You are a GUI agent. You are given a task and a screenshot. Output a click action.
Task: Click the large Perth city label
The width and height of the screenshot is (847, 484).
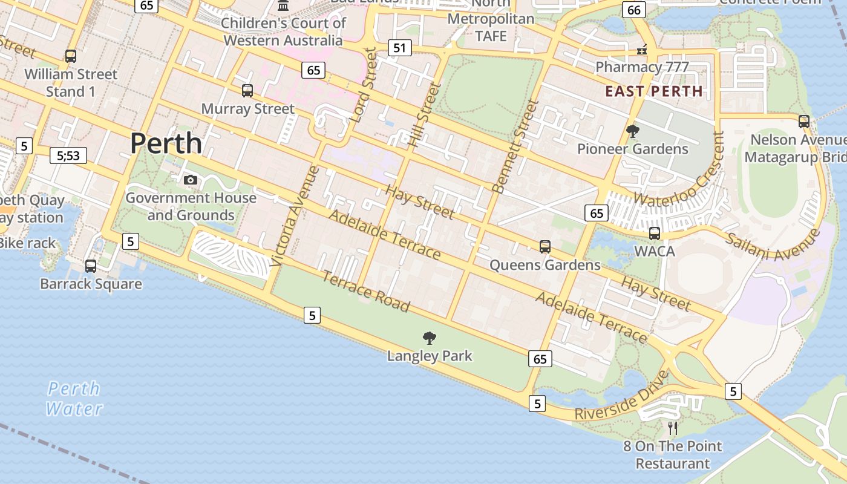point(166,143)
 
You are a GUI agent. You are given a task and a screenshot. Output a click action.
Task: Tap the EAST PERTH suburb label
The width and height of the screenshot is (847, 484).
point(654,91)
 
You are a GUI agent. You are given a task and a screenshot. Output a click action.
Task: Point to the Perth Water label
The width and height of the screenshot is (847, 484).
point(74,399)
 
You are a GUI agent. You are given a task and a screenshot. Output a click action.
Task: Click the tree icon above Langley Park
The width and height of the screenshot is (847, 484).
point(430,338)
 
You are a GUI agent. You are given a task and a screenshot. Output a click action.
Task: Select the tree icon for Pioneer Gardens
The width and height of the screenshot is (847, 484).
point(633,131)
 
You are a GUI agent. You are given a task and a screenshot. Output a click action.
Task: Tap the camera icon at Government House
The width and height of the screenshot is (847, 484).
point(191,180)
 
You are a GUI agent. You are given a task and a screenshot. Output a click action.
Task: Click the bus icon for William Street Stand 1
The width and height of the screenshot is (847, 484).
point(71,56)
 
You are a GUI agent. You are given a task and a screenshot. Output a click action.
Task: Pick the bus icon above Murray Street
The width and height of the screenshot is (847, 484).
point(247,91)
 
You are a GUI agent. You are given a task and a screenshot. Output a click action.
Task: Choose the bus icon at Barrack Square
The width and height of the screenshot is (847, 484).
point(91,266)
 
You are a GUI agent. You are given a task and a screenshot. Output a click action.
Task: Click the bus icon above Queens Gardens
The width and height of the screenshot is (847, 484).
point(545,246)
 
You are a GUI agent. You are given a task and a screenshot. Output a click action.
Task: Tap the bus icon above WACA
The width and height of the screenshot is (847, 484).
point(655,233)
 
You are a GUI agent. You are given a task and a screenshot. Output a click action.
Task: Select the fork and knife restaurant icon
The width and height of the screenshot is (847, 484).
point(673,428)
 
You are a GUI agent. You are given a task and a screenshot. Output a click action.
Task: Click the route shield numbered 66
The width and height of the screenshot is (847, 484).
point(633,10)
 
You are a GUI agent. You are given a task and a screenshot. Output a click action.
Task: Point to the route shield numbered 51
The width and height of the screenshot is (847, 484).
point(399,48)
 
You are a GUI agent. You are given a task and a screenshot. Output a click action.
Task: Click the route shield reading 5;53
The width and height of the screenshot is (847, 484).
point(68,155)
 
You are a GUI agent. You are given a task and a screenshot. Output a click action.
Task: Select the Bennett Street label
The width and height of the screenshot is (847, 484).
point(515,146)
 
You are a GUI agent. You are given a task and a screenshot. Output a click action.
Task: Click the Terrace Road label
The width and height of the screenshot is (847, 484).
point(365,291)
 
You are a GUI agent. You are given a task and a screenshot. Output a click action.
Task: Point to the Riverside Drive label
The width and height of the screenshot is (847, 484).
point(622,396)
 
